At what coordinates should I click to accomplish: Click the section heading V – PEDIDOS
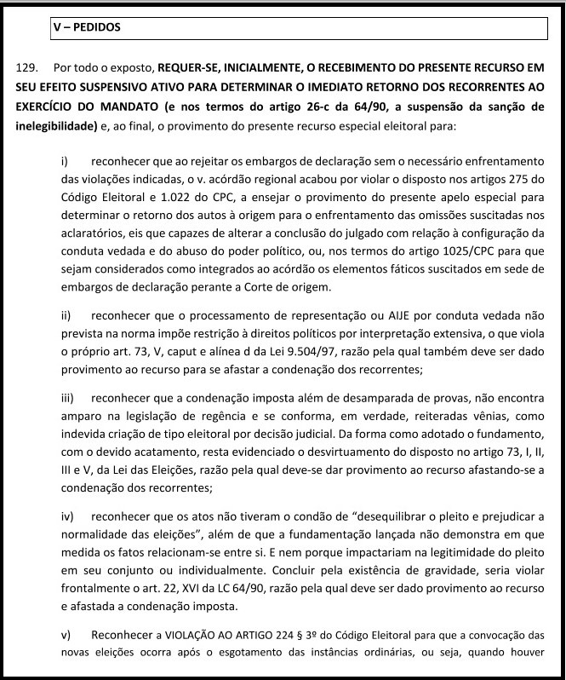87,27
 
